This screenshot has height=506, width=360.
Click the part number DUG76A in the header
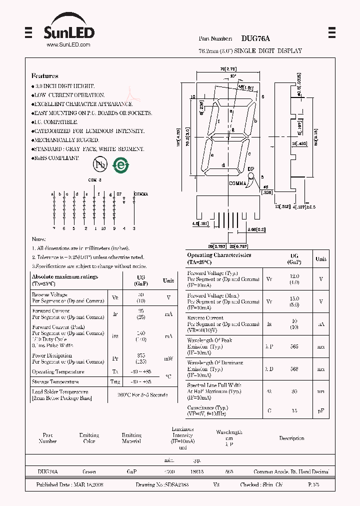pos(255,38)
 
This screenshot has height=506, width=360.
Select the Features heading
pos(45,76)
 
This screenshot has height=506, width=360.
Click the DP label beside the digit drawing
pos(250,169)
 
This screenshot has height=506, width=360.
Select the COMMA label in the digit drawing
pos(238,183)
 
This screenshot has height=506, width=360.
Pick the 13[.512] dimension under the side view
pos(282,206)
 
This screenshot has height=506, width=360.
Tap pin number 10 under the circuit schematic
pos(103,228)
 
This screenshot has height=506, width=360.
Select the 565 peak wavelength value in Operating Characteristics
pos(294,346)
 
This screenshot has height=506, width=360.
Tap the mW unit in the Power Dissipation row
pos(168,358)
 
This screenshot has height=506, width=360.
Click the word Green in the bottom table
pos(89,471)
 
